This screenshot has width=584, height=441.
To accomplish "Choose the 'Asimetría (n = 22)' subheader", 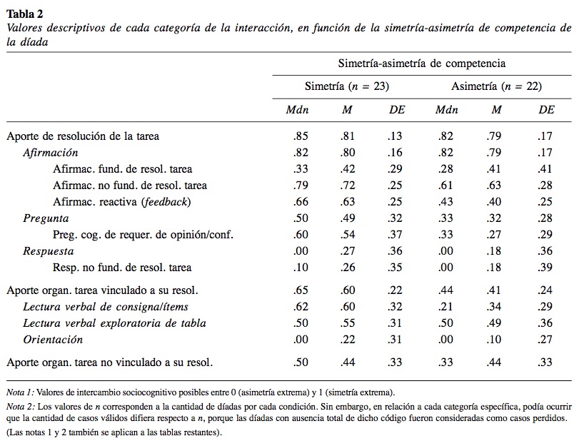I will pyautogui.click(x=496, y=86).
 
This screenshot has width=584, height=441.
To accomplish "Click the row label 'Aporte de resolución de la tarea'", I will pyautogui.click(x=82, y=136).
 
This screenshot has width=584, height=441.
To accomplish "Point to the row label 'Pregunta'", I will pyautogui.click(x=46, y=218).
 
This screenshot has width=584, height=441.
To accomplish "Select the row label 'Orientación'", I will pyautogui.click(x=53, y=340).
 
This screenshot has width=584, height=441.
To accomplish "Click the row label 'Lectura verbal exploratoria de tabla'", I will pyautogui.click(x=114, y=323).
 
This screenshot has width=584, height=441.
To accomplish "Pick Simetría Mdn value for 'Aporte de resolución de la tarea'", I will pyautogui.click(x=301, y=136).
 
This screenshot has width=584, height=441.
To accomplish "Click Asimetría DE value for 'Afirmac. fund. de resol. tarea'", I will pyautogui.click(x=546, y=169).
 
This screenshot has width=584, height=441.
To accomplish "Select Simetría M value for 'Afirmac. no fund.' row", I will pyautogui.click(x=347, y=186).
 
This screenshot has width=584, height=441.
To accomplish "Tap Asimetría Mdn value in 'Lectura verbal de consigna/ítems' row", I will pyautogui.click(x=446, y=307).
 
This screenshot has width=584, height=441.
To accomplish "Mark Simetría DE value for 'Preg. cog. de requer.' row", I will pyautogui.click(x=395, y=235).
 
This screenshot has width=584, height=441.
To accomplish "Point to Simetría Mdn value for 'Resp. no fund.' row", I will pyautogui.click(x=301, y=268).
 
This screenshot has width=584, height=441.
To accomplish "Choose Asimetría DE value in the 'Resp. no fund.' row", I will pyautogui.click(x=546, y=268).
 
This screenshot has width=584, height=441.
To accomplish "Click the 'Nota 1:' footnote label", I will pyautogui.click(x=20, y=392).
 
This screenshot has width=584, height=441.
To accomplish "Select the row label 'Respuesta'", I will pyautogui.click(x=49, y=251).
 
